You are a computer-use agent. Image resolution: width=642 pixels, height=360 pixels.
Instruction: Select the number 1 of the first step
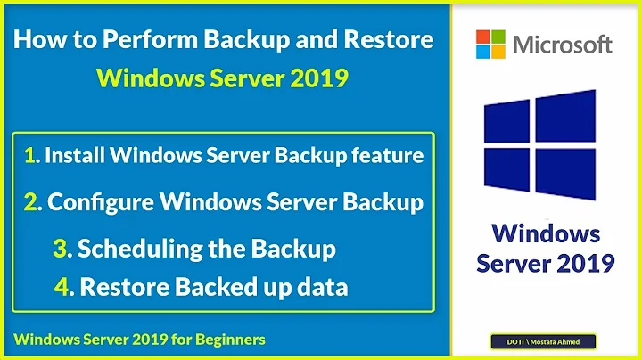tap(31, 156)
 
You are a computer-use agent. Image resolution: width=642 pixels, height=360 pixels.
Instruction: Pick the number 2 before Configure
tap(32, 202)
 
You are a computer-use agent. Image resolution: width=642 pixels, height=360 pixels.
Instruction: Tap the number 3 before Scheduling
tap(62, 249)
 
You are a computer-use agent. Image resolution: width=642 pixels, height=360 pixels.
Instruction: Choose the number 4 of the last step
tap(61, 287)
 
